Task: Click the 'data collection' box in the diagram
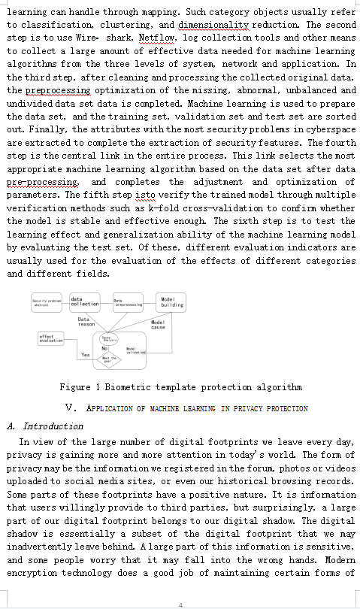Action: (x=85, y=301)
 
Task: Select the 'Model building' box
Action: (x=171, y=301)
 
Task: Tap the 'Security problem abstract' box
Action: (x=47, y=302)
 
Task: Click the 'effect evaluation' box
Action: (x=51, y=338)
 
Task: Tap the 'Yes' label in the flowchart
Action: (x=86, y=354)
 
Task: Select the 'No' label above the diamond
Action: (x=105, y=349)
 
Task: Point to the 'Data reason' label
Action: (x=86, y=321)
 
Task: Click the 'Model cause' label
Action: (x=158, y=325)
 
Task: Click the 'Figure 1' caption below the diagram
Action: (x=180, y=387)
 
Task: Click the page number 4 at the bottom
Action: (x=180, y=604)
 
